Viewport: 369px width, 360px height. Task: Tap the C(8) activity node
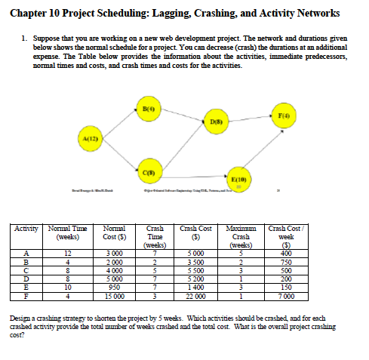point(148,171)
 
